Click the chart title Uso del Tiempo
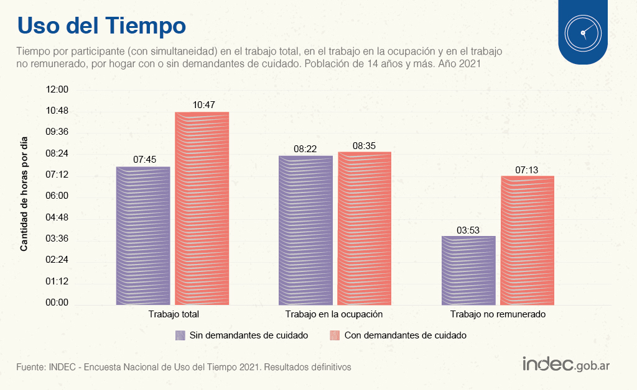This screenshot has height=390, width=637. coord(101,26)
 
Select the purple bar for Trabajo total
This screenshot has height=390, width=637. coord(143,236)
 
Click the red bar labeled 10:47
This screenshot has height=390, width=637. coord(202,209)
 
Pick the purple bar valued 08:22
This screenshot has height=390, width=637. coord(305,230)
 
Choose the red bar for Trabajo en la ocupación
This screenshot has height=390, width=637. coord(365,229)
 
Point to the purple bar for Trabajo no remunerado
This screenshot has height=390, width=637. coord(468,271)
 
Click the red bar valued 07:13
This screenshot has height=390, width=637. coord(528,240)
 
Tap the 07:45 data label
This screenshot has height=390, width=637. coord(144,160)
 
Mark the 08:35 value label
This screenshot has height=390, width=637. coord(364,145)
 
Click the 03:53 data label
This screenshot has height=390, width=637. coord(468,230)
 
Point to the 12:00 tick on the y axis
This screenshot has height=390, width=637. coord(57,89)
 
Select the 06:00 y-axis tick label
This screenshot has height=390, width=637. coord(57,196)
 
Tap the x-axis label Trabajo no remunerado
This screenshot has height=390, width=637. coord(498,314)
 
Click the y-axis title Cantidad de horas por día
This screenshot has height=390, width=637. coord(24,193)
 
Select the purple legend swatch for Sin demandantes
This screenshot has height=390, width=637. coord(180,335)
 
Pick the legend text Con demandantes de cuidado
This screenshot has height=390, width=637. coord(406,335)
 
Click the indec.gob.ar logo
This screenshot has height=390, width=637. coord(565,364)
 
